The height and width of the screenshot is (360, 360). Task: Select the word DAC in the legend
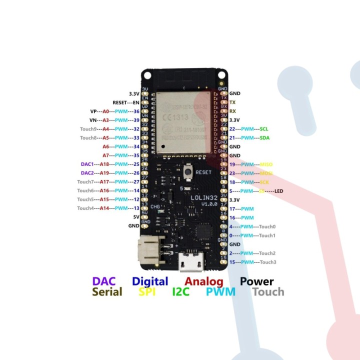coord(104,281)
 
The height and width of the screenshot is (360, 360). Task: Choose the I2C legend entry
coord(181,292)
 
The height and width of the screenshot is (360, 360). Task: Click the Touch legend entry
coord(268,292)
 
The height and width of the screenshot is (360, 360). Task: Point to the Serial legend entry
coord(107,292)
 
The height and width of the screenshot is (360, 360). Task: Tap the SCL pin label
coord(264,129)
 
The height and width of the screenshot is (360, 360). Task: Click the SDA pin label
coord(264,137)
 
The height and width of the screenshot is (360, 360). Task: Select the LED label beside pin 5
coord(279,191)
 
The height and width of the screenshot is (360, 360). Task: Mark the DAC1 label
coord(87,164)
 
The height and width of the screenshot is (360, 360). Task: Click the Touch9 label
coord(87,129)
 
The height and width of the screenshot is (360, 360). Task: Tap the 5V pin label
coord(135,217)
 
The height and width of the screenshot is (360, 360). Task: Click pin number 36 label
coord(135,111)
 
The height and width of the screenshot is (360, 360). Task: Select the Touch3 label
coord(268,262)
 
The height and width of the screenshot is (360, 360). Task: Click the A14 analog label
coord(105,208)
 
